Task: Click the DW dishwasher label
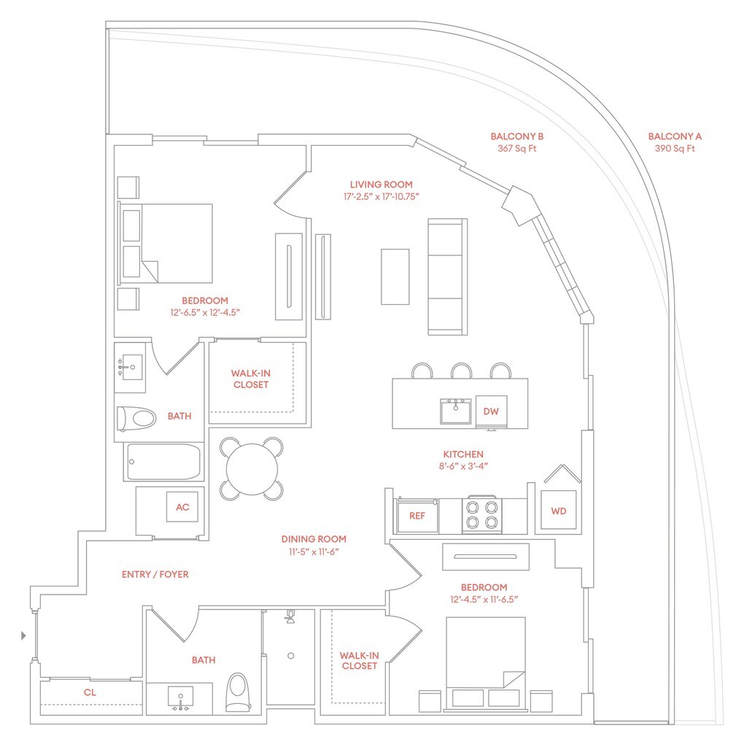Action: pos(491,411)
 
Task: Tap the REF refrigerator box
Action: pos(417,515)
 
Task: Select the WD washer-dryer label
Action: pos(558,511)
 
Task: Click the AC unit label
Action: pos(182,507)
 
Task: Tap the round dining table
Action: pos(252,468)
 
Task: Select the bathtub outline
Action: pos(163,462)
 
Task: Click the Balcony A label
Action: pos(675,136)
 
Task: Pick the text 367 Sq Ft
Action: pos(516,149)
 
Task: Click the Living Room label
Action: pos(381,185)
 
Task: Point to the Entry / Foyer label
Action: pos(155,574)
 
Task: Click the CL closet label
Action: pos(90,692)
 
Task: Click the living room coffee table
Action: pos(395,276)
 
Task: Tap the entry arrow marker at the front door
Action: pos(24,636)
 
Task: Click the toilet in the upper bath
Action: pos(137,419)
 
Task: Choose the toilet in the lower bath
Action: pos(237,692)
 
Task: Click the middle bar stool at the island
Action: pos(461,371)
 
